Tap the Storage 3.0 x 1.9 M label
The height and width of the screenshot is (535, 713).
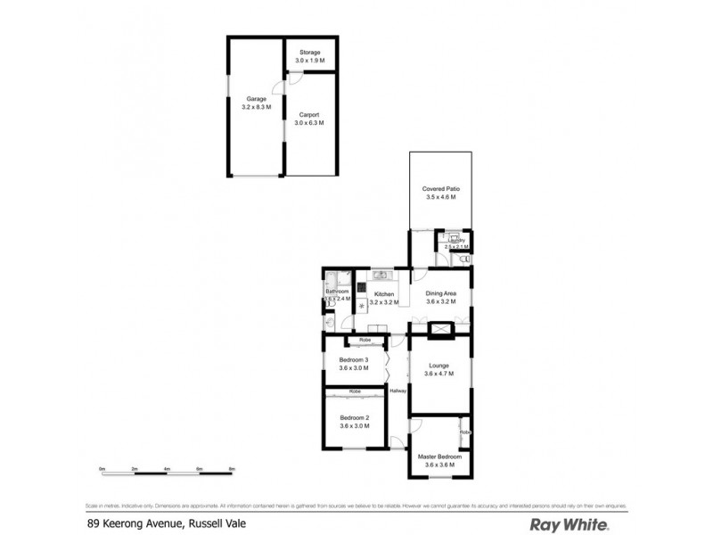tap(310, 56)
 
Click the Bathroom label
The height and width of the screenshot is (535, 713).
tap(337, 292)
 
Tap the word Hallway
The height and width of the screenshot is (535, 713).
tap(397, 391)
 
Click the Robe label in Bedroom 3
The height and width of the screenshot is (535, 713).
tap(365, 340)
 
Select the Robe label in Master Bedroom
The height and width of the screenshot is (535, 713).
tap(464, 432)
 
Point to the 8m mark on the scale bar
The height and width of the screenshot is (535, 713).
tap(232, 468)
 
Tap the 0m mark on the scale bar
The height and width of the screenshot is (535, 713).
tap(102, 468)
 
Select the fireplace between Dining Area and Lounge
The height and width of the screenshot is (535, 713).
tap(440, 330)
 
